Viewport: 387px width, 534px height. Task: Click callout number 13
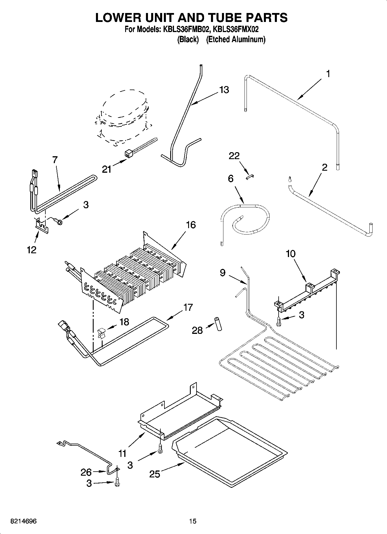[x=224, y=90]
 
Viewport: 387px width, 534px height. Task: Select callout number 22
[x=234, y=156]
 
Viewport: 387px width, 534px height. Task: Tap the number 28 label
[x=197, y=330]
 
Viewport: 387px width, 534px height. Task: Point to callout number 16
[x=191, y=225]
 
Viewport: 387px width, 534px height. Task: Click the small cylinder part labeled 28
[x=218, y=324]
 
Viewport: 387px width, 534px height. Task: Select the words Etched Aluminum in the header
[x=236, y=39]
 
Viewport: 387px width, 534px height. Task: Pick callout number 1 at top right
[x=328, y=74]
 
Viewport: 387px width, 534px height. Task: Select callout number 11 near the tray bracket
[x=122, y=453]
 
